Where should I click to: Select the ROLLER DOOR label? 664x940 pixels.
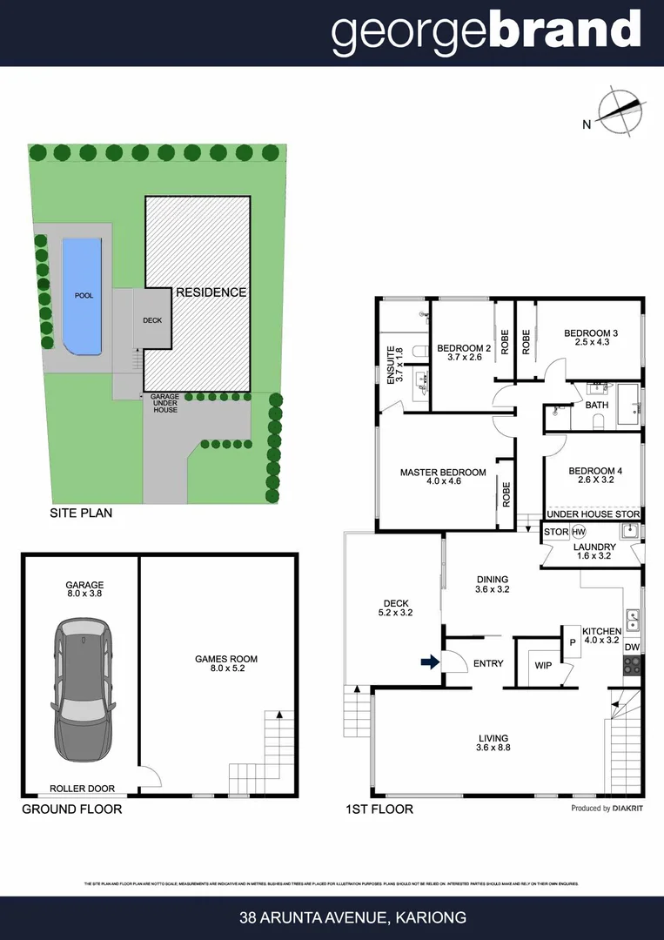83,789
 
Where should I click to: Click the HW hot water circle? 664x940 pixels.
579,532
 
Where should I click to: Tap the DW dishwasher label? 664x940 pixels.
632,648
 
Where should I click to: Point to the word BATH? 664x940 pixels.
597,406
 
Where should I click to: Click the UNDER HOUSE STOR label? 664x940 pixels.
593,515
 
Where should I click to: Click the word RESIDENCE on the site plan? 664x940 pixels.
211,292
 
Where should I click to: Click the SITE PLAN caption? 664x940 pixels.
81,514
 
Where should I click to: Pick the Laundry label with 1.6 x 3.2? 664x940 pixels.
595,553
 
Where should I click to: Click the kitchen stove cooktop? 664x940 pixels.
632,667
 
